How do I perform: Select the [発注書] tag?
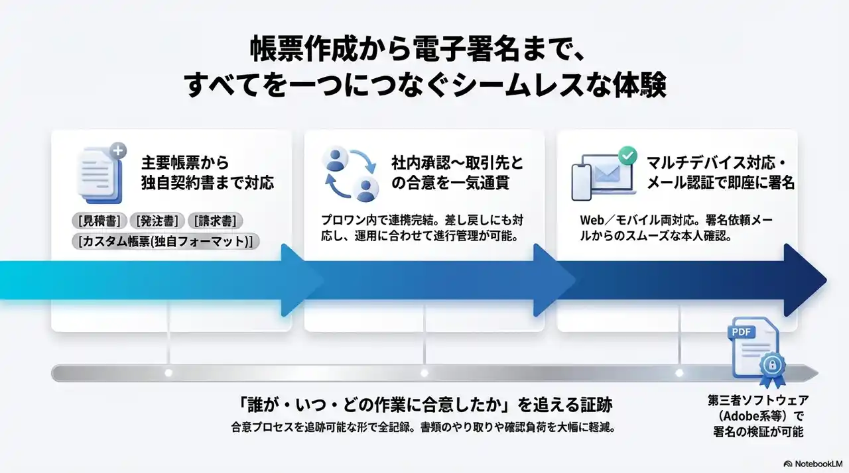[x=158, y=221]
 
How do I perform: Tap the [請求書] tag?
[x=216, y=221]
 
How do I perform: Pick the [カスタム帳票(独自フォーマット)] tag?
[x=166, y=241]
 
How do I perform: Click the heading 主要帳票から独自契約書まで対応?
[x=207, y=172]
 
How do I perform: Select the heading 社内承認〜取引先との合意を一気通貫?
[x=457, y=172]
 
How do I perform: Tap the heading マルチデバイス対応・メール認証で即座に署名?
[x=710, y=172]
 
